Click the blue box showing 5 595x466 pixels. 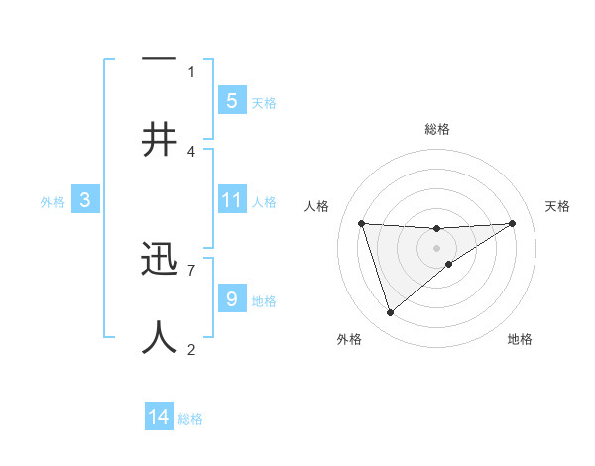[x=231, y=100]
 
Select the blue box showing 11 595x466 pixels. [x=231, y=200]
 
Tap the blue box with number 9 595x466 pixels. [x=231, y=298]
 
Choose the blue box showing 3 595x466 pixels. [x=85, y=200]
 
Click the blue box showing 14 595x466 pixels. [x=159, y=417]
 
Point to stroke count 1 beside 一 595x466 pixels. [x=191, y=71]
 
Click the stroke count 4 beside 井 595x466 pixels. [x=191, y=151]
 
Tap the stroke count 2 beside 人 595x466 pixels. [x=191, y=349]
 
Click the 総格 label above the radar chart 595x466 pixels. [x=436, y=129]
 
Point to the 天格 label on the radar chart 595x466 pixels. [x=557, y=206]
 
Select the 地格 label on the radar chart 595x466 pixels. [x=520, y=339]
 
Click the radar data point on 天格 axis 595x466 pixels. [x=512, y=223]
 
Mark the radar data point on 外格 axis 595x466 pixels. [x=390, y=313]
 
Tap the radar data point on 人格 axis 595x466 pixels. [x=362, y=223]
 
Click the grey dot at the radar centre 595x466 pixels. [x=436, y=247]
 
